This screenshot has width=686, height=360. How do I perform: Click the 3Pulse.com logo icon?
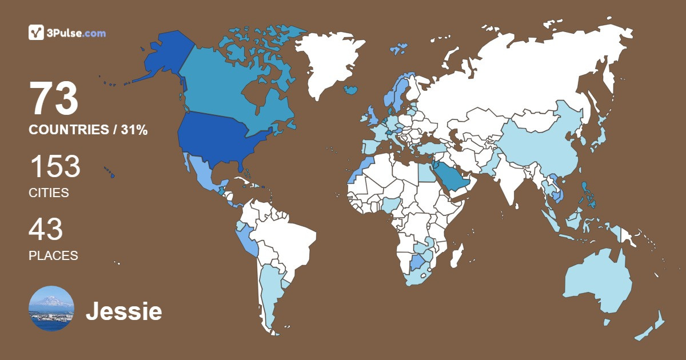click(37, 33)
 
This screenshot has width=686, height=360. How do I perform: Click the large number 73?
click(54, 99)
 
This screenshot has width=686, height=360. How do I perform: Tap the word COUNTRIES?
click(69, 130)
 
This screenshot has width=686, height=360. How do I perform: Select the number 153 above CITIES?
click(55, 167)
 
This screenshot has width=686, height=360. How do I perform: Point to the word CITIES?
click(49, 193)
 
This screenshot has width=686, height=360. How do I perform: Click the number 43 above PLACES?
click(46, 230)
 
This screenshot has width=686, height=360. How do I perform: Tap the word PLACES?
click(53, 256)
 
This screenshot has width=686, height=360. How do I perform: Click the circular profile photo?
click(51, 308)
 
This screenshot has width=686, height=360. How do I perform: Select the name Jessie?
click(123, 312)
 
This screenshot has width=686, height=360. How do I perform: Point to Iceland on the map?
click(351, 90)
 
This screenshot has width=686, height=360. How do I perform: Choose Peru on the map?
click(246, 240)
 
